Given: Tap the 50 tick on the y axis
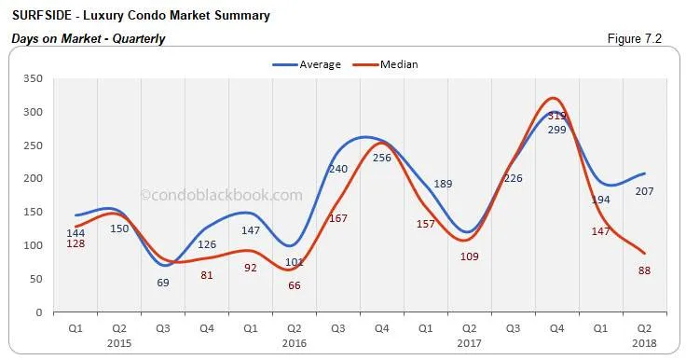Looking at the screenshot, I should click(x=35, y=279).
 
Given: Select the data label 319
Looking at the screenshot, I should click(x=556, y=116).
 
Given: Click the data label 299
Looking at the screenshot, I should click(x=556, y=129).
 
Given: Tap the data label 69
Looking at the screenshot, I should click(x=163, y=282).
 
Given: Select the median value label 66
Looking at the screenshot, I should click(x=295, y=284).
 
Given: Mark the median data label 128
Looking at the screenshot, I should click(x=76, y=243).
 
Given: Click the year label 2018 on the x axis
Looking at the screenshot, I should click(x=643, y=342).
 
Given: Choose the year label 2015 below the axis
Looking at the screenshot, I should click(x=119, y=342).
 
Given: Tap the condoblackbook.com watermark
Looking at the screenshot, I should click(x=221, y=195).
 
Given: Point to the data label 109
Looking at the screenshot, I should click(x=469, y=256).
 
